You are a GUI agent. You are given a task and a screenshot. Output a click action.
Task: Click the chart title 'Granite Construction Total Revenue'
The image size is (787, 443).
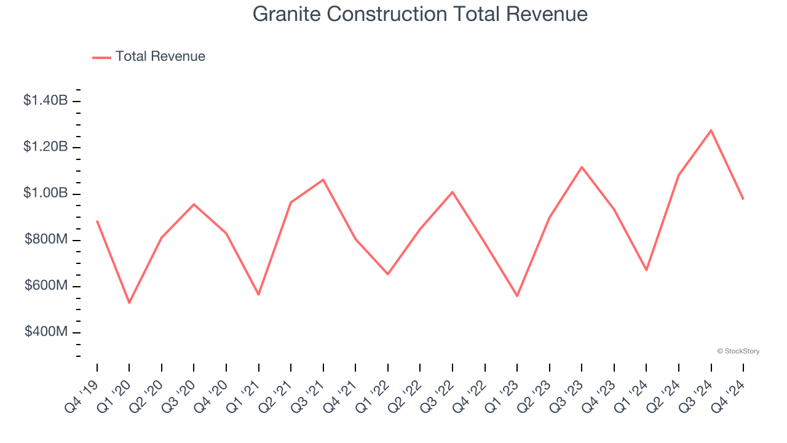coord(420,14)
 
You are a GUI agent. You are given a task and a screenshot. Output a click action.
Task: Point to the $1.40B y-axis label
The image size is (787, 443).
coord(45,100)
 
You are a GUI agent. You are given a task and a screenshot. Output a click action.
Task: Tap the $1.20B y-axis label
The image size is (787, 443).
coord(45,147)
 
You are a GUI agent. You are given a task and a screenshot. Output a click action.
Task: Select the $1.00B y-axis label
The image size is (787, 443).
coord(45,193)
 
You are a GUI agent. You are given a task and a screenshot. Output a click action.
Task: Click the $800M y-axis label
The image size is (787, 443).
coord(45,239)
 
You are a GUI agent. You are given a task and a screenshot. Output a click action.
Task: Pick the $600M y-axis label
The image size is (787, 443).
coord(45,286)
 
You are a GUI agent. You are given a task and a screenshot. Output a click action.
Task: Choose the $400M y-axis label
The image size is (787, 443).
coord(45,332)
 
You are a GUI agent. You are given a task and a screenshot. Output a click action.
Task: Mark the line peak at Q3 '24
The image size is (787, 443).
coord(711,130)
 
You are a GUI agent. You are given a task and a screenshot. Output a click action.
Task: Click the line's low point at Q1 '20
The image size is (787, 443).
coord(129,303)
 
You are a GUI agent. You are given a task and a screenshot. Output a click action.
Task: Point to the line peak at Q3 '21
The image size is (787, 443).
coord(323,180)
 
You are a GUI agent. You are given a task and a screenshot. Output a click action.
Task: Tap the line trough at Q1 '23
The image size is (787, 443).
coord(517,296)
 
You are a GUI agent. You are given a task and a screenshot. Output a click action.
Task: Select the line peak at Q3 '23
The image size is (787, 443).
coord(582,167)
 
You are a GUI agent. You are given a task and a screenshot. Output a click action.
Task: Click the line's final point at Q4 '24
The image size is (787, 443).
coord(743,199)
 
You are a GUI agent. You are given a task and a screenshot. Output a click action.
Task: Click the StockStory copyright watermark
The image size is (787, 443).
coord(738,351)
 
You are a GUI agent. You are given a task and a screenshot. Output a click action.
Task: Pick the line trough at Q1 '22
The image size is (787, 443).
coord(388,274)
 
